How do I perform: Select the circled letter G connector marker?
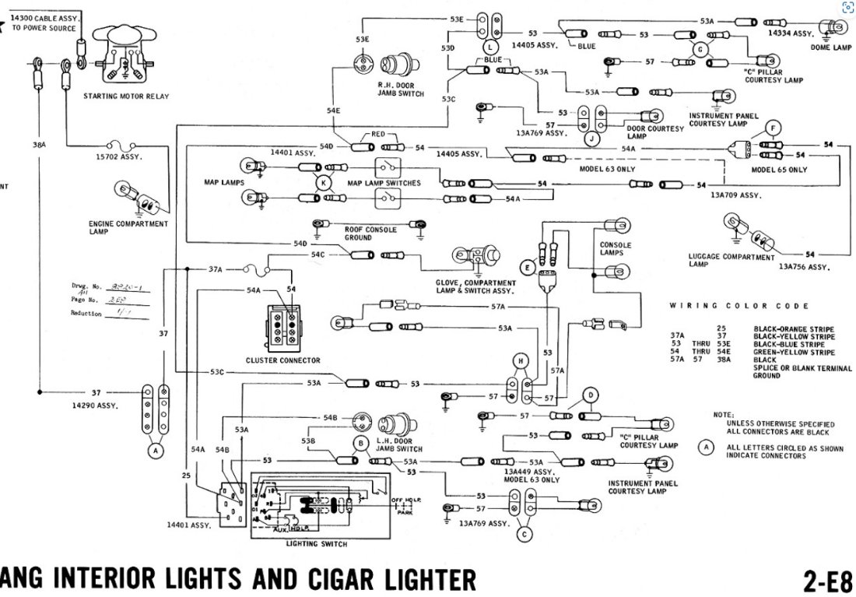click(700, 48)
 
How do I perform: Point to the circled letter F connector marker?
click(773, 127)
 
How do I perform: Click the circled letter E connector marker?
click(528, 268)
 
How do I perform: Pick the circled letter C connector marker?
click(524, 534)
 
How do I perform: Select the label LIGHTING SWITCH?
click(317, 543)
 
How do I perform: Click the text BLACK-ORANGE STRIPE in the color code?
click(793, 329)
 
